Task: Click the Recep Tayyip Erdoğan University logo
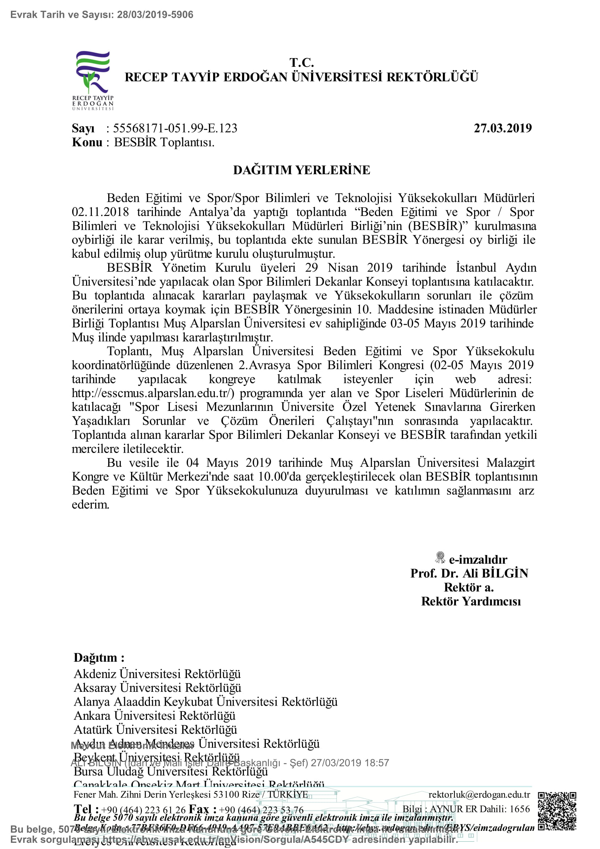93,80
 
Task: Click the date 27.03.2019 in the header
502,128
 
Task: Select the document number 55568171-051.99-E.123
175,128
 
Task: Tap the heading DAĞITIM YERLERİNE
301,170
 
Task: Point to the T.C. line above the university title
301,62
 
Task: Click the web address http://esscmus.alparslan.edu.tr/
153,393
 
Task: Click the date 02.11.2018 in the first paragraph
100,212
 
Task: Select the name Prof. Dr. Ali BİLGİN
469,574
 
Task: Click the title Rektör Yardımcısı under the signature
471,601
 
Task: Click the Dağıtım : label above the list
99,658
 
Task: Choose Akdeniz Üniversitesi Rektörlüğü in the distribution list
157,674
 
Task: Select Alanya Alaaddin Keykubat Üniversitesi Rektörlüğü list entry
205,702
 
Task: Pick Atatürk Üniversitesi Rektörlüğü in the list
155,730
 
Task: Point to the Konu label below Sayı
87,142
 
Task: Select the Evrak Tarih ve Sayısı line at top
102,15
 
